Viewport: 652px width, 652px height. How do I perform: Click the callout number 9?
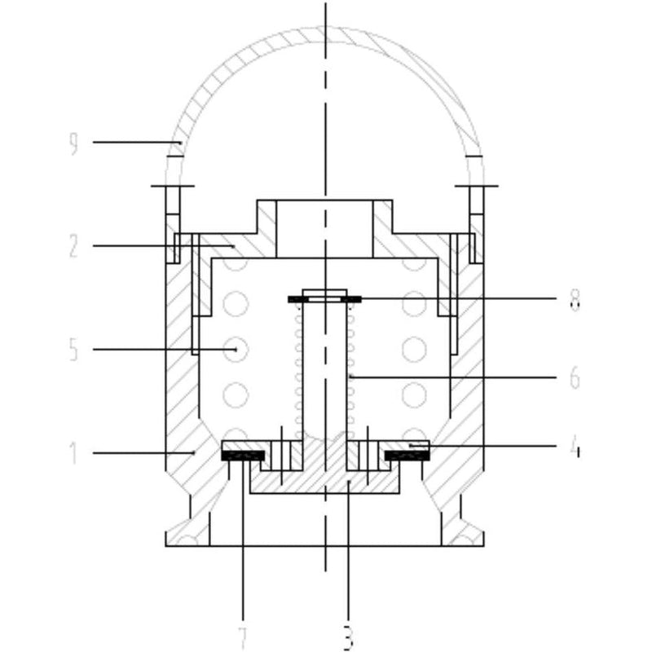click(x=73, y=144)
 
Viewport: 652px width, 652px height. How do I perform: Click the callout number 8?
click(x=575, y=302)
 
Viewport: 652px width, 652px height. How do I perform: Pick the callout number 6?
click(x=575, y=378)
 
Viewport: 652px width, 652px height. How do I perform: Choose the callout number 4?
click(x=575, y=448)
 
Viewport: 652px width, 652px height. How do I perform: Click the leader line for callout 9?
click(x=134, y=143)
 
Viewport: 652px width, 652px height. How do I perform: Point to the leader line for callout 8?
click(x=456, y=299)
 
